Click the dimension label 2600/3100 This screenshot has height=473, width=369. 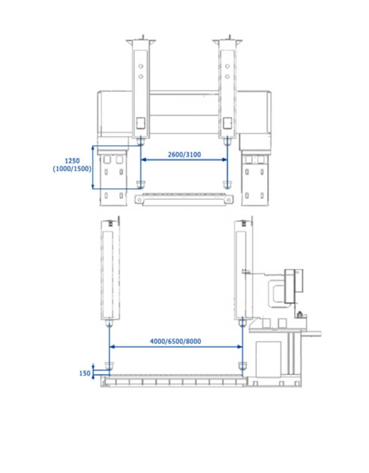click(184, 155)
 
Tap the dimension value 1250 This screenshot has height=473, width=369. click(72, 161)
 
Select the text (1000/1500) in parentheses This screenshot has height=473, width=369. click(72, 169)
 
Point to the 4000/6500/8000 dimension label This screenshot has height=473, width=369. click(175, 341)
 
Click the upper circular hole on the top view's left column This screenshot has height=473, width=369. click(141, 66)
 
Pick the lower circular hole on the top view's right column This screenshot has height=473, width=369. click(228, 76)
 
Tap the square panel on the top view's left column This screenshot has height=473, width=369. click(141, 123)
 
